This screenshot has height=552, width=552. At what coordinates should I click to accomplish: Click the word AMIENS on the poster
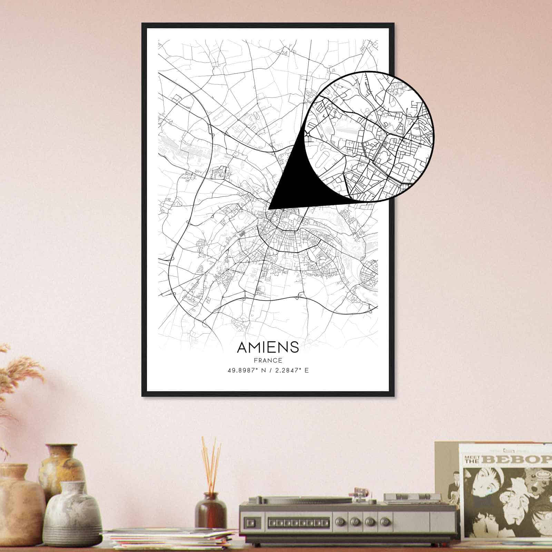tap(268, 347)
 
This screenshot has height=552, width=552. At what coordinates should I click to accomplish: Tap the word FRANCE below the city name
tap(268, 361)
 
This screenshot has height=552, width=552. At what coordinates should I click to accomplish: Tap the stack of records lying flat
tap(169, 540)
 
